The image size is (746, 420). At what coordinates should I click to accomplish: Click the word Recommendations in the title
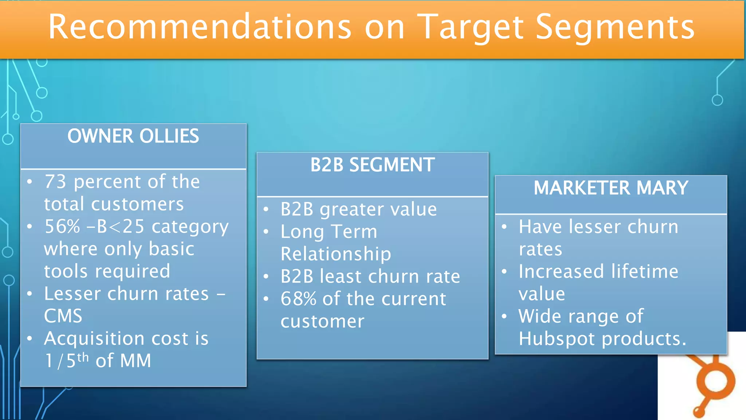pos(200,27)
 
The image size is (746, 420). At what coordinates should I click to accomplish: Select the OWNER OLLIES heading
pos(133,136)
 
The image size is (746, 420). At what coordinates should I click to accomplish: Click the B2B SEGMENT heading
pos(372,165)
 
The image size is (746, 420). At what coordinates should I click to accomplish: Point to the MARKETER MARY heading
pos(611,188)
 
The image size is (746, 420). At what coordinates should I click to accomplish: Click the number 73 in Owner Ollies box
pos(55,182)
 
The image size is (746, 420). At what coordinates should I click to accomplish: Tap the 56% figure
pos(62,226)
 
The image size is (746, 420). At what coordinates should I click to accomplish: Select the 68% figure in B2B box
pos(298,299)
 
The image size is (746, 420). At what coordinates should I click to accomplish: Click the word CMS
pos(63,316)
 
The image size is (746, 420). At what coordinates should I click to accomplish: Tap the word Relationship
pos(335,254)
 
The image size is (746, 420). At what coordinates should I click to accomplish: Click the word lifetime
pos(645,272)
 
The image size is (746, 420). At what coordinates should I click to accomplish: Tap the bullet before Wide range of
pos(504,316)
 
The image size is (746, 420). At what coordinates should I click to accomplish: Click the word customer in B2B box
pos(322,322)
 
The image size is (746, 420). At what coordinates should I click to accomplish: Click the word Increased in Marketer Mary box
pos(561,272)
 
